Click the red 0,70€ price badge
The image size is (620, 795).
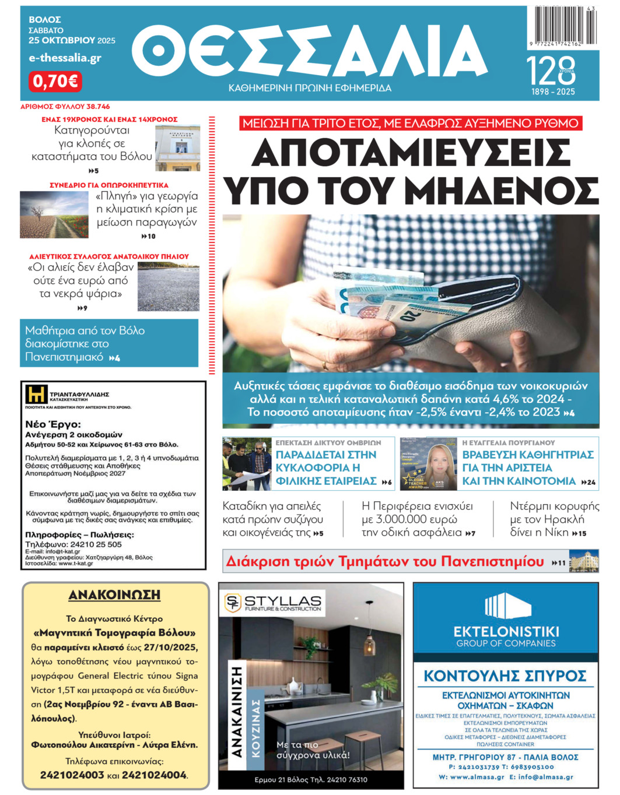tap(55, 81)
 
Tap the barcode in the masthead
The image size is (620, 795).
tap(563, 25)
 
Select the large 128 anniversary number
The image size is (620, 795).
tap(551, 71)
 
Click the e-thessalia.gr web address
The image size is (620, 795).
tap(65, 58)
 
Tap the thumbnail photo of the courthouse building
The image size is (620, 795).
tap(177, 148)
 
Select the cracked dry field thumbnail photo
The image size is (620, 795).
tap(54, 214)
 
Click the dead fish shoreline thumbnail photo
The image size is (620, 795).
tap(168, 287)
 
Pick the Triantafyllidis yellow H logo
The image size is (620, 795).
tap(36, 395)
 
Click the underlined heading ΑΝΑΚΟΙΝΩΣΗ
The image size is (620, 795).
tap(114, 595)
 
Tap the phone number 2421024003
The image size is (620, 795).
tap(72, 775)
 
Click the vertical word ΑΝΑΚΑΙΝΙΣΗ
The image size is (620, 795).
tap(237, 712)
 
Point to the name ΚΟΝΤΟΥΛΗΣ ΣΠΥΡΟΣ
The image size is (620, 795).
tap(505, 676)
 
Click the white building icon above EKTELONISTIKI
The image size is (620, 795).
tap(505, 607)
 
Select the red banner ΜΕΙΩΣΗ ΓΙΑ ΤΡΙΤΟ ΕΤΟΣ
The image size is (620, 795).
tap(411, 124)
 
